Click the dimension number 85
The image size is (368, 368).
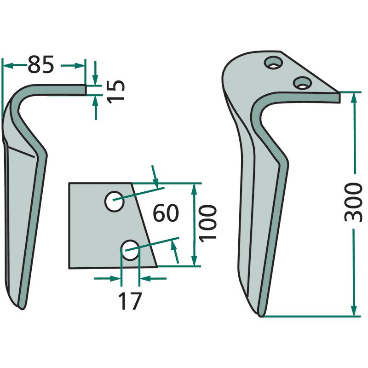41,64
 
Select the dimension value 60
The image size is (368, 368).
166,213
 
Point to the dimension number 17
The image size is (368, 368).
130,301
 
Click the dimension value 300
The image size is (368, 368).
353,202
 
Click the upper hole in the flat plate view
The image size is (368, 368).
114,201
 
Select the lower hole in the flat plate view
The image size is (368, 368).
130,250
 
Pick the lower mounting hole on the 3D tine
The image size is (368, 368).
303,83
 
